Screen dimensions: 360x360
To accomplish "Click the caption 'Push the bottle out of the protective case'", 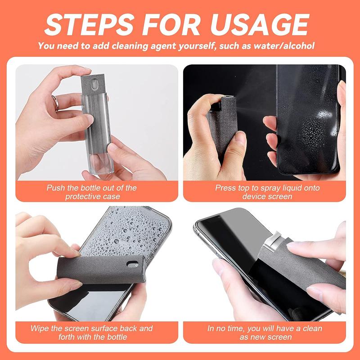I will pos(91,192).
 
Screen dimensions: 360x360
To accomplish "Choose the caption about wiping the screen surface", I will pos(91,333).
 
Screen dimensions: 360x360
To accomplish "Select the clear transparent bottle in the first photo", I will pos(95,144).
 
